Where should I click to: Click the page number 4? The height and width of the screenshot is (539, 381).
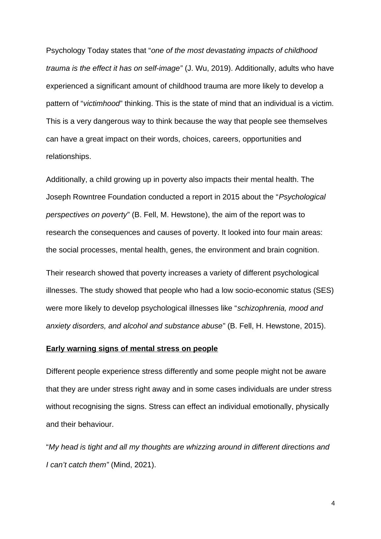333,503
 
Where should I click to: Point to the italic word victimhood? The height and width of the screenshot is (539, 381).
101,104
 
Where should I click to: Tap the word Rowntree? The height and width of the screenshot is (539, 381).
87,197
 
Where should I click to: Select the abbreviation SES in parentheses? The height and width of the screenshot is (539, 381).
323,291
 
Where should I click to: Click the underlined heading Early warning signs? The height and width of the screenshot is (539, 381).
132,349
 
